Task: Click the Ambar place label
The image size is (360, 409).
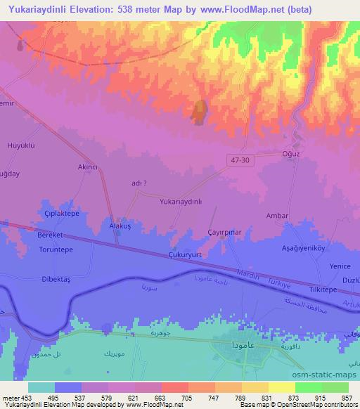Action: [278, 216]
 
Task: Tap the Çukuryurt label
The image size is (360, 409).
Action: [186, 256]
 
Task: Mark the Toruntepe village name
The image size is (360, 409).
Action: [56, 249]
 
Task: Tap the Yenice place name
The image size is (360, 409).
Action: [340, 266]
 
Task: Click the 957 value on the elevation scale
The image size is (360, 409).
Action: [347, 397]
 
